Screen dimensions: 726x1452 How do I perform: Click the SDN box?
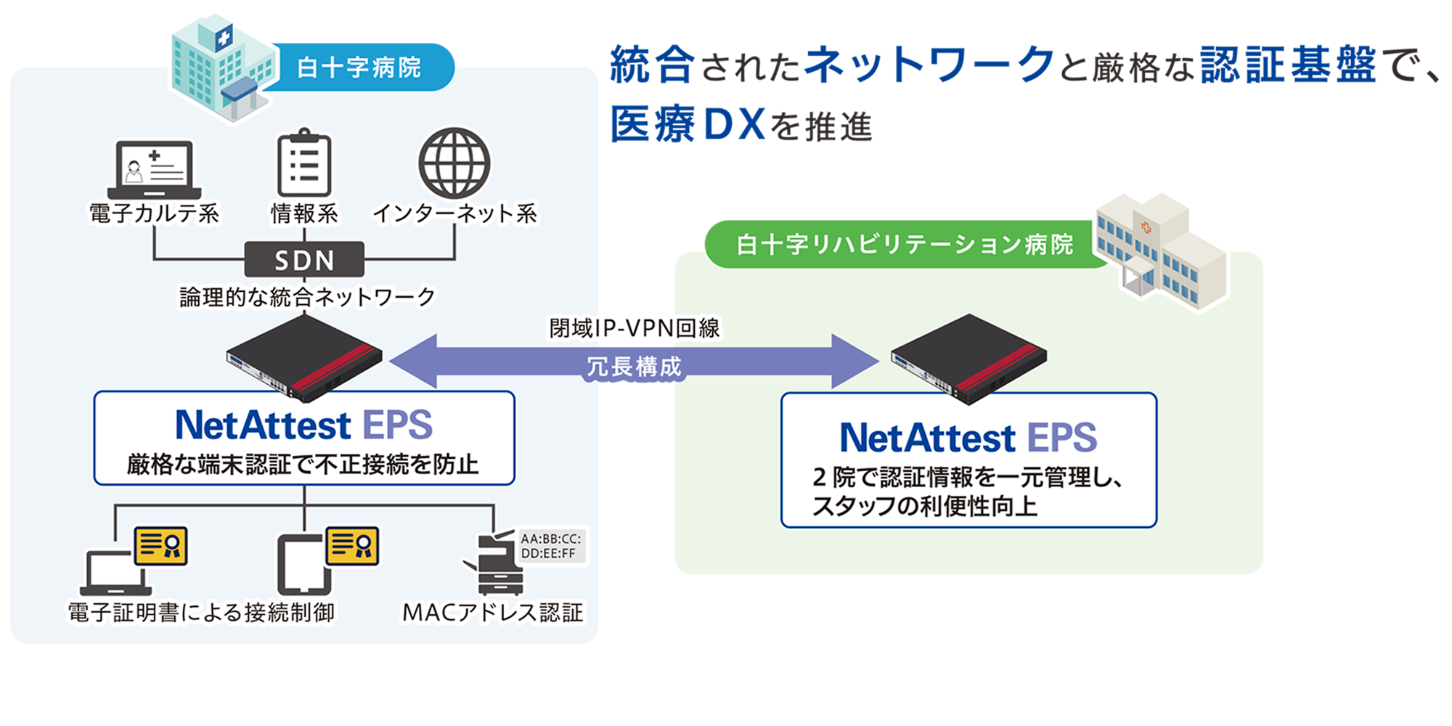304,260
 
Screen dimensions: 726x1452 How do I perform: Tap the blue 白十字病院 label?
359,68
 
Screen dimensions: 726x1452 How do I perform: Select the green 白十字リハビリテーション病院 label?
904,245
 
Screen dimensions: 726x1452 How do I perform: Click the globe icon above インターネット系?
454,163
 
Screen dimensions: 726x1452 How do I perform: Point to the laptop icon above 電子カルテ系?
154,169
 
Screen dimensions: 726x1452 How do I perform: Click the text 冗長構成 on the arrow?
635,367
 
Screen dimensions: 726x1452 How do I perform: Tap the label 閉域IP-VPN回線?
635,328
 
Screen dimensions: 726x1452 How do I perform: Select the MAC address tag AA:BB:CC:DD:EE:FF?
551,546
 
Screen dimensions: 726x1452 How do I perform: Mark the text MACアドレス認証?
493,613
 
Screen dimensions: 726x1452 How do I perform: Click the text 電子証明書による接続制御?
201,613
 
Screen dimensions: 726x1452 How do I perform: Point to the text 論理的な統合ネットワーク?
307,297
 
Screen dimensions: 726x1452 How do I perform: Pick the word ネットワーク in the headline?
930,65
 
